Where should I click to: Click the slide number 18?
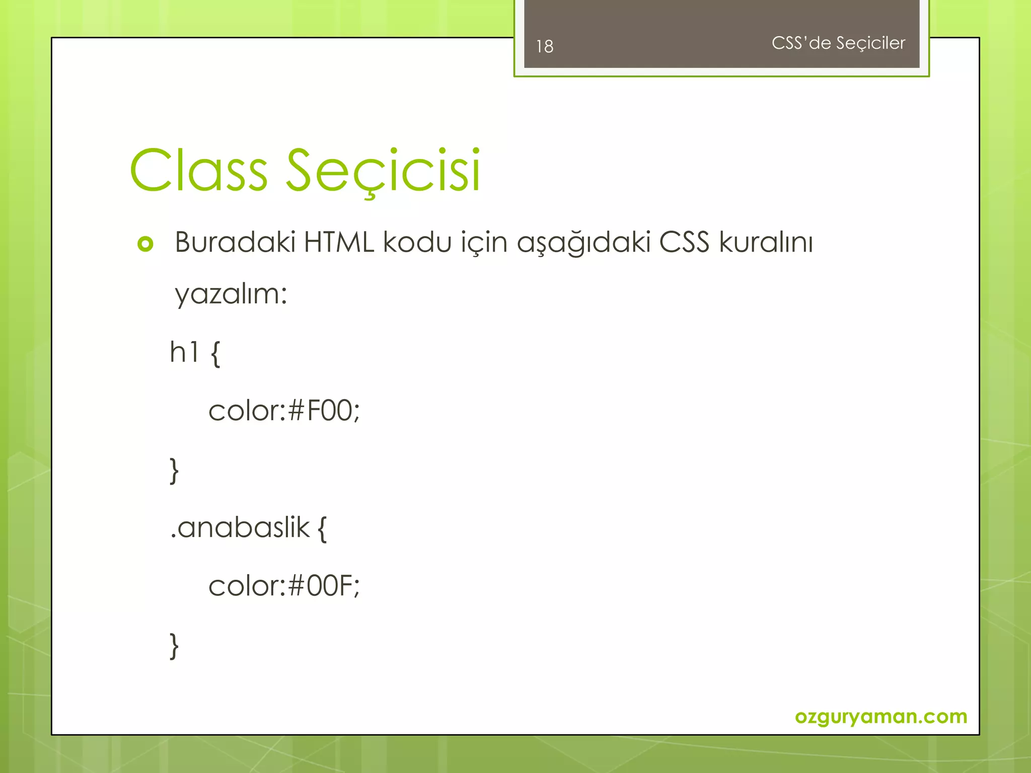(x=545, y=46)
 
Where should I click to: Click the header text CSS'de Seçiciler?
(x=838, y=43)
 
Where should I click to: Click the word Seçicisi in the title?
(x=383, y=171)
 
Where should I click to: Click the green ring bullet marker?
(x=145, y=244)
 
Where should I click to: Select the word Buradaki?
(x=235, y=242)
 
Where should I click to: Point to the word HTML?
(x=339, y=242)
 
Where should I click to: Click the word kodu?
(x=417, y=242)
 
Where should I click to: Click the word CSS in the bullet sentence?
(x=684, y=242)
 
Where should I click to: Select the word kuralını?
(x=766, y=242)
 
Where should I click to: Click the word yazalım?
(x=231, y=294)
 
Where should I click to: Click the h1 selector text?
(x=184, y=352)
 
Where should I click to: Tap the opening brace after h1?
(x=215, y=354)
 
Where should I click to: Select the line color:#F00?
(x=284, y=411)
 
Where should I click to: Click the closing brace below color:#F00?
(x=174, y=471)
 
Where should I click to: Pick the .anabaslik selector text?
(x=240, y=528)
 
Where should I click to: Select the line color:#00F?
(x=284, y=586)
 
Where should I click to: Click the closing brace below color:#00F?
(x=174, y=646)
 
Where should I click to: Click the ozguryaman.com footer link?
(x=880, y=716)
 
